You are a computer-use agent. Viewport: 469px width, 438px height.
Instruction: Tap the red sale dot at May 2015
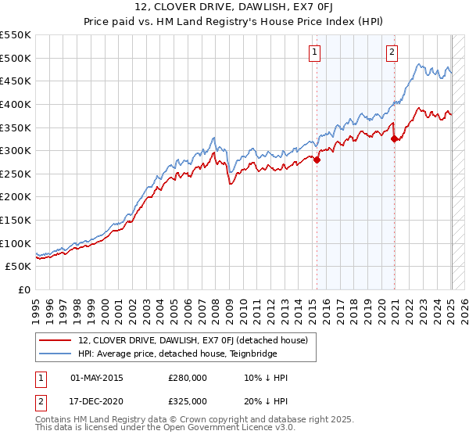click(317, 160)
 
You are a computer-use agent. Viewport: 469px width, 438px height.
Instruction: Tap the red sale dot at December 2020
click(395, 139)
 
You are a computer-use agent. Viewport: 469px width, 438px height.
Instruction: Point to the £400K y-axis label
click(16, 104)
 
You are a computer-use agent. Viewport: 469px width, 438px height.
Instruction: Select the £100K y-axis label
click(16, 243)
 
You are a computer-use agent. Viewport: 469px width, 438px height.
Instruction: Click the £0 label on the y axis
click(25, 289)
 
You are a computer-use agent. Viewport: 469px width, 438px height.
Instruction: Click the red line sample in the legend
click(56, 340)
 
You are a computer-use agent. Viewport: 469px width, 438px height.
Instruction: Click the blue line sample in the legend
click(56, 354)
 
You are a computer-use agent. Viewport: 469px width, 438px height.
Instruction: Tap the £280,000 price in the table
click(188, 378)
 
